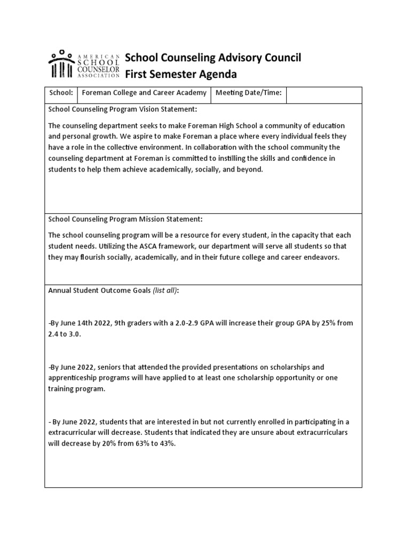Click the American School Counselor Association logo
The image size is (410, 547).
click(x=84, y=64)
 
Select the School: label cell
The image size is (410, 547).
click(x=61, y=93)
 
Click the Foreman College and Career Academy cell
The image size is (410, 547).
click(x=144, y=93)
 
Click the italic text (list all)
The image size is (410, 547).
click(x=165, y=291)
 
